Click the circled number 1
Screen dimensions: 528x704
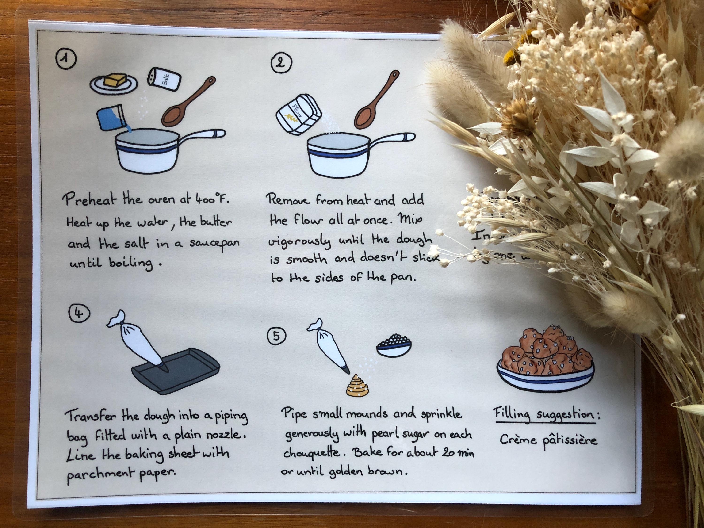[65, 59]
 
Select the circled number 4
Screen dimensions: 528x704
[79, 314]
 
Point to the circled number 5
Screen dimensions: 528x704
[276, 336]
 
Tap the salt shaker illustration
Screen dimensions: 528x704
[165, 79]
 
